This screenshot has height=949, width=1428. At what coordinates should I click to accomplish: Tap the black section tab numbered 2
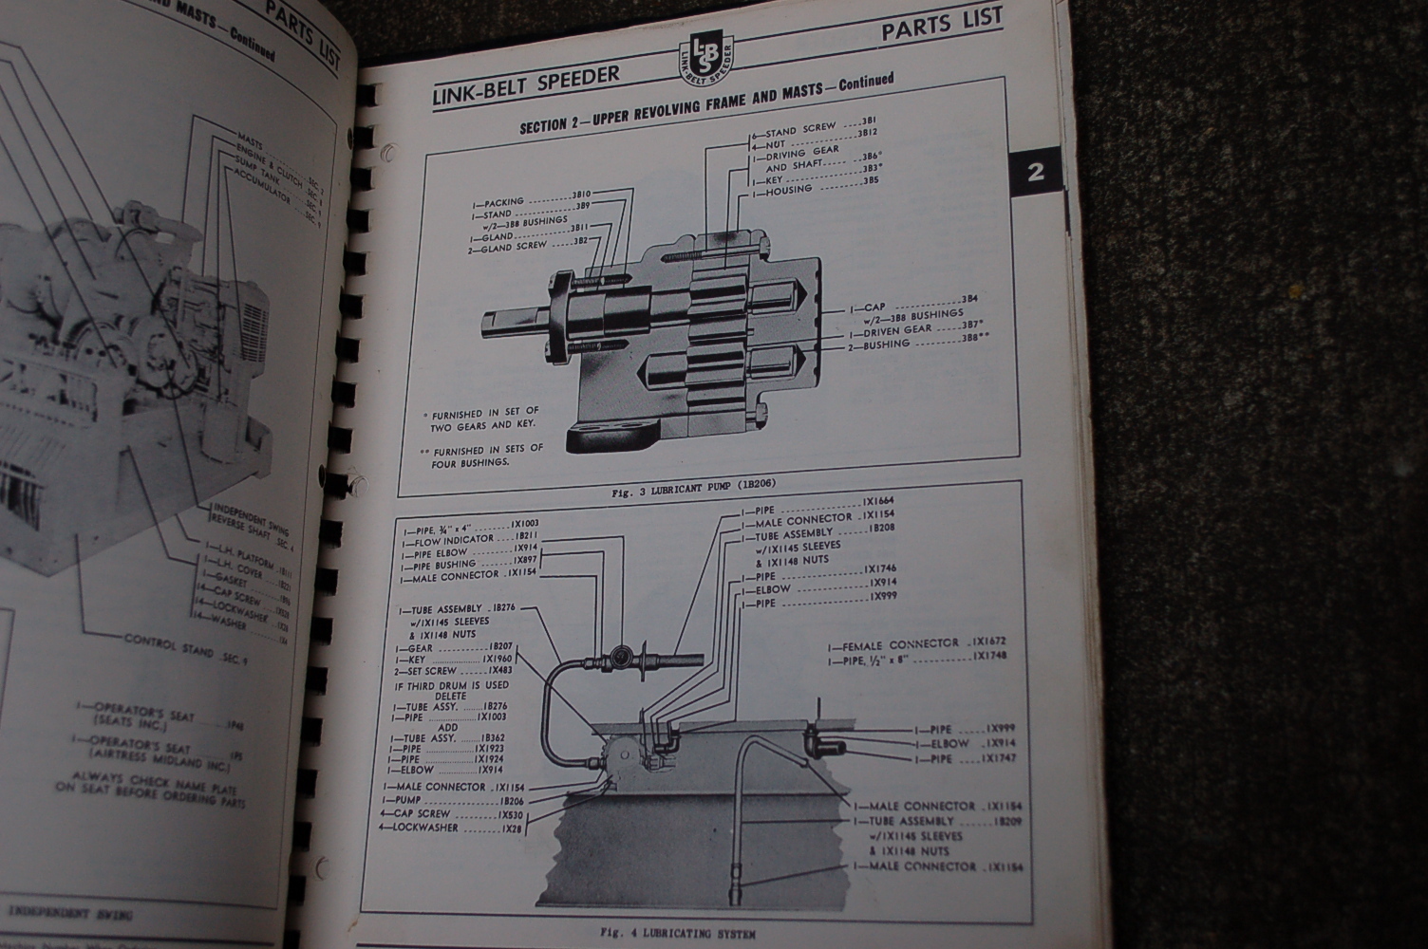click(x=1035, y=172)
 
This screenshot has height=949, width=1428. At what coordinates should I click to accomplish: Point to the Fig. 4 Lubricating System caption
click(x=678, y=934)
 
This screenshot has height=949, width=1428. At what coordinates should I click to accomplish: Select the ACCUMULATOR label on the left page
click(x=269, y=185)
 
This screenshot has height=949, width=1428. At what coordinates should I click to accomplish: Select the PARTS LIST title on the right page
click(x=941, y=26)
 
